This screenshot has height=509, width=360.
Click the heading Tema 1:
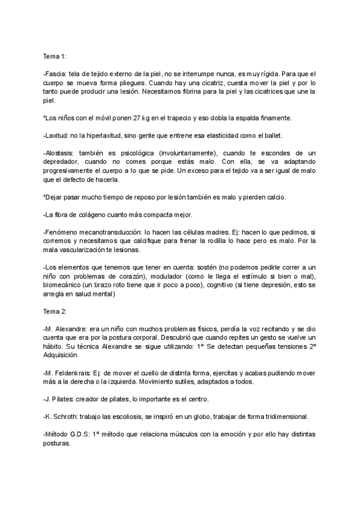pos(55,56)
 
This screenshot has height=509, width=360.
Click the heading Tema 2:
pos(55,312)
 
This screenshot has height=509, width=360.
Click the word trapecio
pos(181,118)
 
